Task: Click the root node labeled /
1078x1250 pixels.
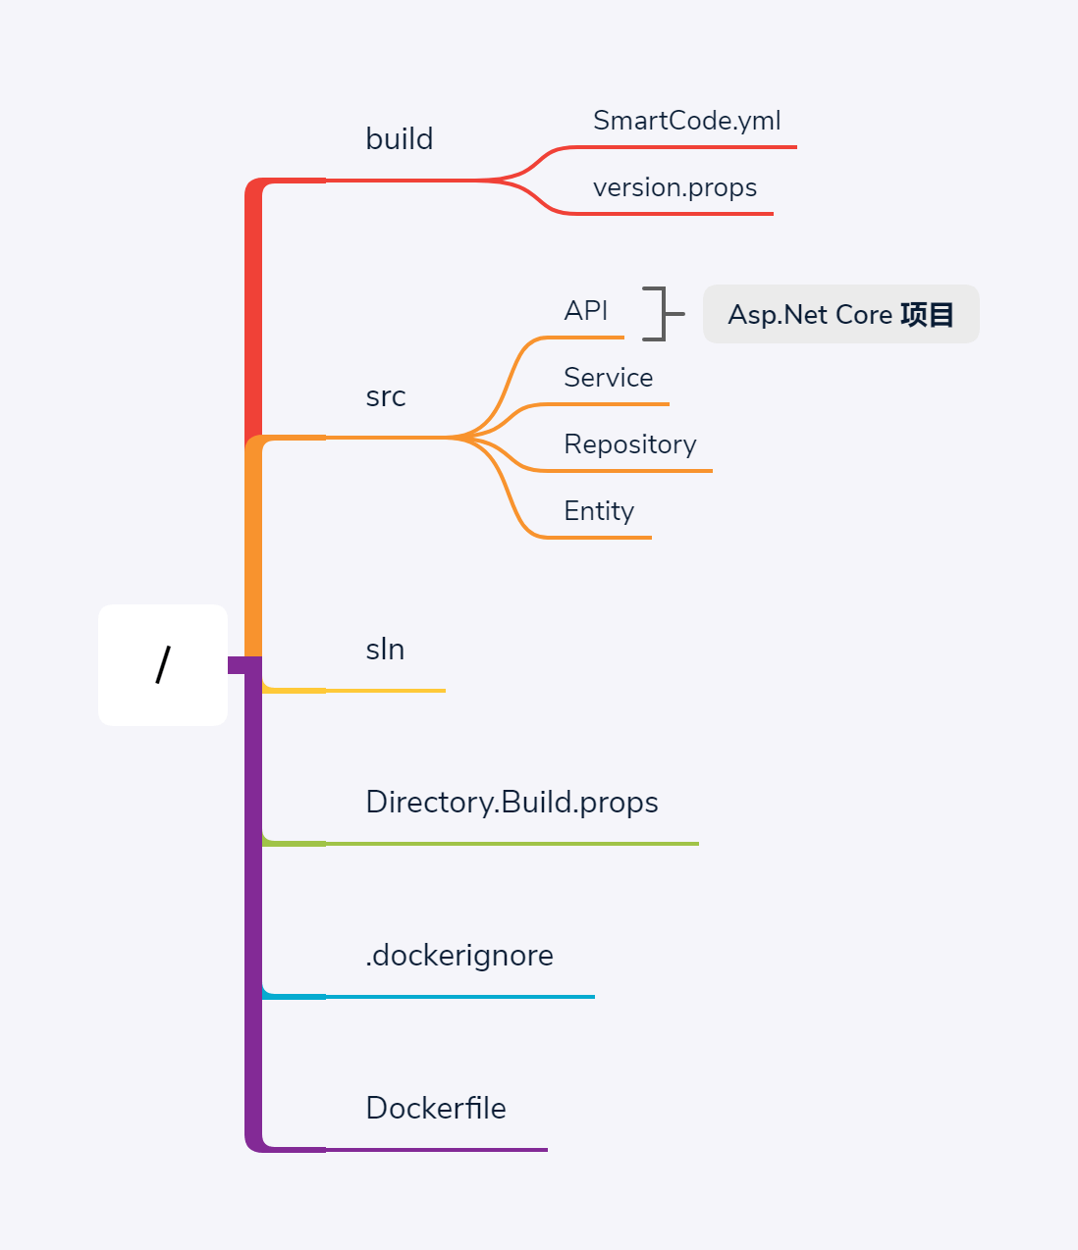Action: coord(163,665)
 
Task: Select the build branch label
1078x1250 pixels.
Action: coord(399,139)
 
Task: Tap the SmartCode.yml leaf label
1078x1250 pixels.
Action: coord(686,121)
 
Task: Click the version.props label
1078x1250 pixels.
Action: coord(674,187)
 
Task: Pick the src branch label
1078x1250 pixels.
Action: coord(385,396)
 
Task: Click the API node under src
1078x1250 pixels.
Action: coord(586,311)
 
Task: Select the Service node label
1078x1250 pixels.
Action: coord(608,378)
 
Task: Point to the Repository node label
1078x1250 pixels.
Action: coord(629,444)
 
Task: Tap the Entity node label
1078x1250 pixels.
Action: coord(599,511)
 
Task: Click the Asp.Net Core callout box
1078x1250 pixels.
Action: coord(840,314)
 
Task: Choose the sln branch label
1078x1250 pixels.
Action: coord(385,650)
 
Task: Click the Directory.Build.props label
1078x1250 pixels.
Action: coord(512,803)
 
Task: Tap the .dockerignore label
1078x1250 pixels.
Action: coord(459,956)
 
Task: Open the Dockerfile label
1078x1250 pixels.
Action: coord(436,1109)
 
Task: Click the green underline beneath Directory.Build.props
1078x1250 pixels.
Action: coord(512,844)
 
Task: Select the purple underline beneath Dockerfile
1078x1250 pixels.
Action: coord(436,1150)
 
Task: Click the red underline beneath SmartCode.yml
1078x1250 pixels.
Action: coord(686,147)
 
